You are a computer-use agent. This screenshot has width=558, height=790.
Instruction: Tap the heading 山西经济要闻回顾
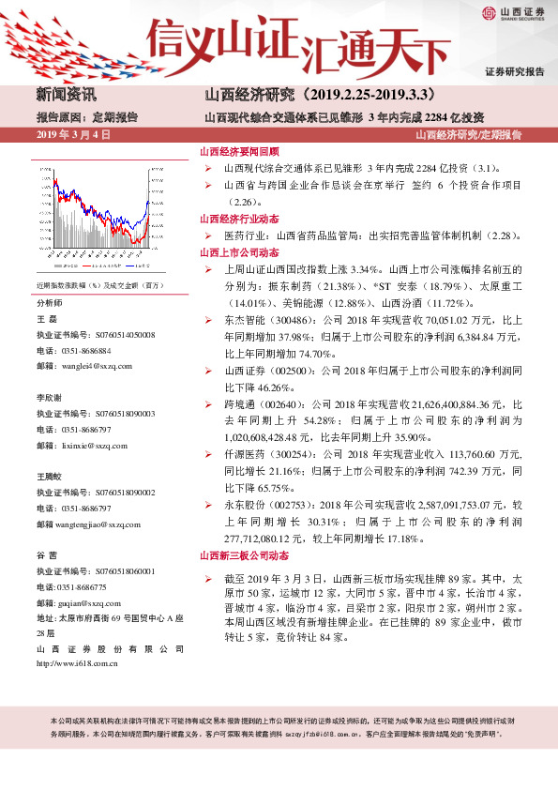tap(239, 151)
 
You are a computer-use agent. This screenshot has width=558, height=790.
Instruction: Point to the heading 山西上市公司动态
tap(239, 252)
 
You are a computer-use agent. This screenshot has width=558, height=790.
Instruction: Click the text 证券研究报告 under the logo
tap(515, 72)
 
